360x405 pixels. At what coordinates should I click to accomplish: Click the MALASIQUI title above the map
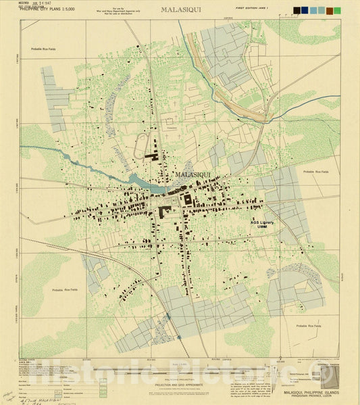(180, 10)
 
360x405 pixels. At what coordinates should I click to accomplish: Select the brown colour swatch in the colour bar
(329, 11)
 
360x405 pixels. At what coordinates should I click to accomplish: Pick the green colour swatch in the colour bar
(337, 11)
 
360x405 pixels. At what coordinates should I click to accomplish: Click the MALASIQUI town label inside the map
(192, 174)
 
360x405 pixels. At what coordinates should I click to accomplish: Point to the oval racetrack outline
(141, 145)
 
